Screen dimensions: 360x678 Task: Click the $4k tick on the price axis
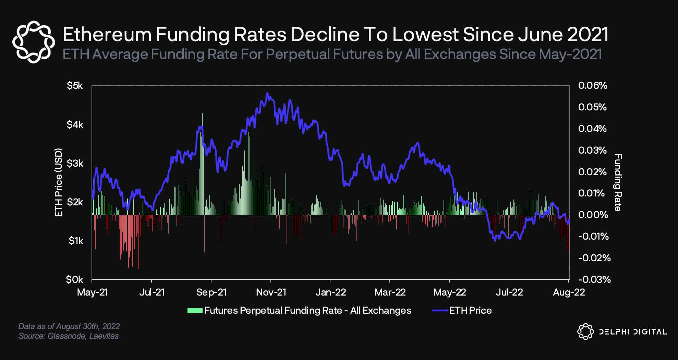(75, 124)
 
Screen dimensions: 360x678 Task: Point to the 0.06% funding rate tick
(592, 85)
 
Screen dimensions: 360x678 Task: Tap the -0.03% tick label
(594, 279)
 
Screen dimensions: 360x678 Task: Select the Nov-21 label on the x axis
(271, 292)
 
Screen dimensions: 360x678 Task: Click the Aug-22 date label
(569, 292)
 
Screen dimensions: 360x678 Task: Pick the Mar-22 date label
(390, 292)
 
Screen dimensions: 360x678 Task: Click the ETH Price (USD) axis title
(59, 182)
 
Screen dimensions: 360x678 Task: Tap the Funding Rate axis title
(618, 182)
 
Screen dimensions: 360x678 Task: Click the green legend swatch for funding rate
(195, 311)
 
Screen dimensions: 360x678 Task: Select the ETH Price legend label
(470, 311)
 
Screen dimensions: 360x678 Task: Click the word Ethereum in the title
(107, 35)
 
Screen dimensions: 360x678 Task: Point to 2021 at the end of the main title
(588, 35)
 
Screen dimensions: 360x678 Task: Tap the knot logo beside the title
(34, 42)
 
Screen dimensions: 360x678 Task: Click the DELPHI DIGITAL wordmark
(633, 332)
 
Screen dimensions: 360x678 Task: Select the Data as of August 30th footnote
(69, 326)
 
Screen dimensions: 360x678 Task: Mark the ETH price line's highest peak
(267, 93)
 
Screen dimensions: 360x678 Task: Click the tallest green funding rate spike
(202, 114)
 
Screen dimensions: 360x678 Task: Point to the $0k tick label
(74, 280)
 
